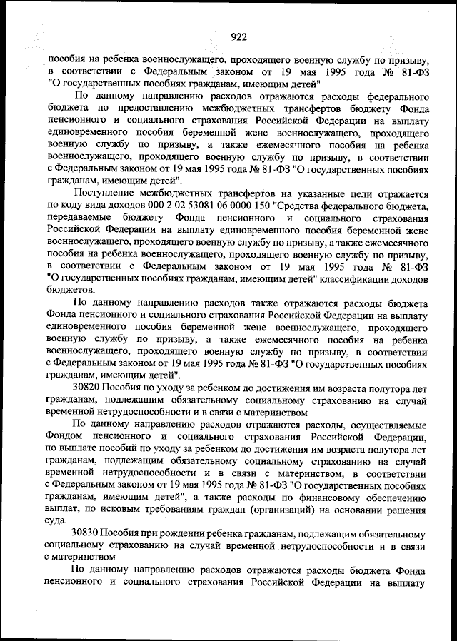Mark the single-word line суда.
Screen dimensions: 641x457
[59, 521]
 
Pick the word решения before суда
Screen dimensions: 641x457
[406, 509]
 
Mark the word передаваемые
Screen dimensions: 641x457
[81, 218]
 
